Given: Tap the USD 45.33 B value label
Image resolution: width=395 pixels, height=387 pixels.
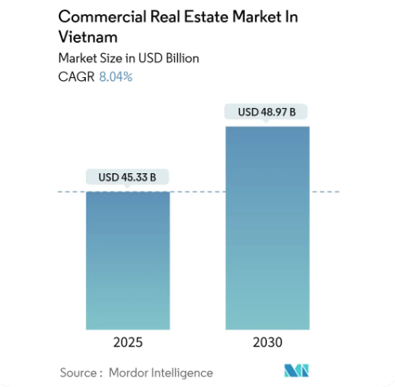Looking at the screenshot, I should click(128, 177).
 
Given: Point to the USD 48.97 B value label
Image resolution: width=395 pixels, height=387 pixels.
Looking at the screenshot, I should click(267, 112).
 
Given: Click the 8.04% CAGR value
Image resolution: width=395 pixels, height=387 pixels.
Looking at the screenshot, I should click(116, 77).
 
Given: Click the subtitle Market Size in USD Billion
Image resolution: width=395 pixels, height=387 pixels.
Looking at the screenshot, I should click(127, 58).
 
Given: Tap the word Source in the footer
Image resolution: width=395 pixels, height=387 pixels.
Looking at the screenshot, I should click(78, 372).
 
